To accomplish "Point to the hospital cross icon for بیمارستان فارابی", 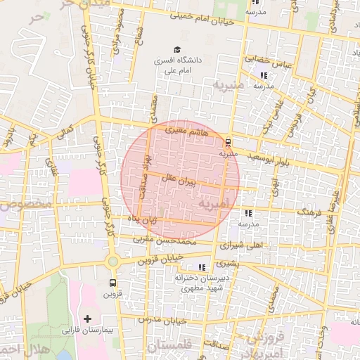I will [x=88, y=319].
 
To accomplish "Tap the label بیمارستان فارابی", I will [x=88, y=330].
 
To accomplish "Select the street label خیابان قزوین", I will [x=161, y=259].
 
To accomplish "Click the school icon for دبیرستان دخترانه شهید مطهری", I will [x=202, y=267].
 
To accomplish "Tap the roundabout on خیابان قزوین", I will [x=112, y=262].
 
